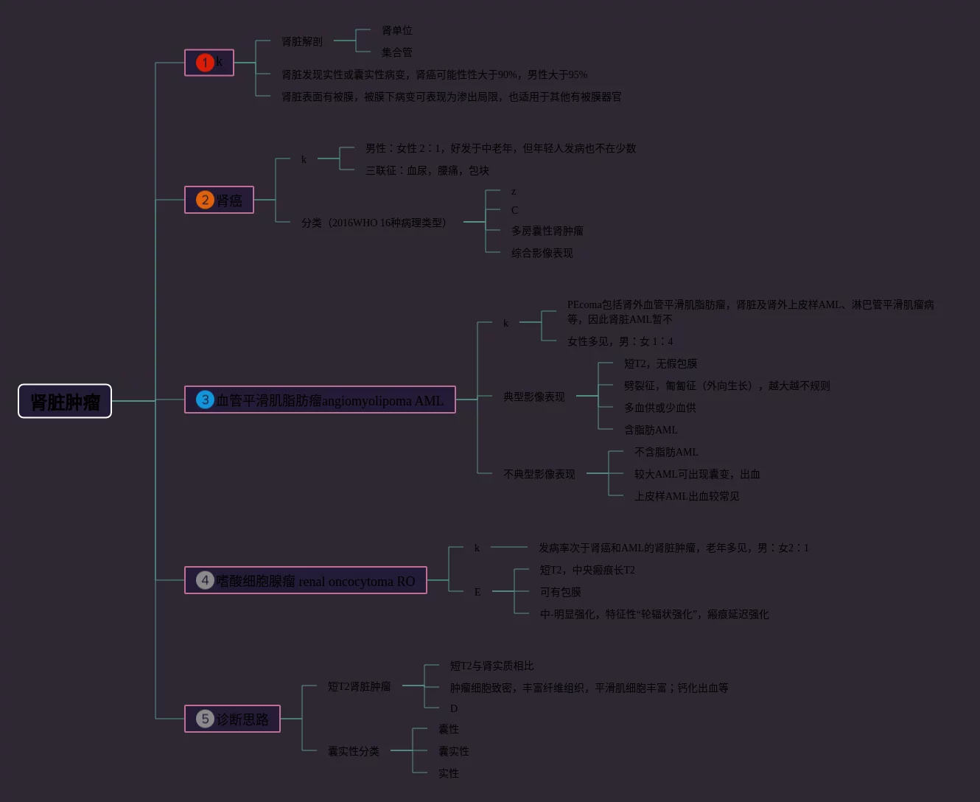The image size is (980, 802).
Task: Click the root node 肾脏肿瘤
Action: point(65,402)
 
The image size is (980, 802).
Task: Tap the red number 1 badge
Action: point(205,63)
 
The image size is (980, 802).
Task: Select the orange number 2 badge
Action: point(205,200)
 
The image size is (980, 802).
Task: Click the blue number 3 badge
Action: point(205,400)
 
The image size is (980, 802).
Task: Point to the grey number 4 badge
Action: point(205,580)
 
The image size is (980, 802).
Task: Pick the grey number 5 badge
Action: point(205,719)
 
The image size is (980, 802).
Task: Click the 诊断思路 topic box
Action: point(242,719)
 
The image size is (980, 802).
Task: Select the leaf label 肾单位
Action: point(396,30)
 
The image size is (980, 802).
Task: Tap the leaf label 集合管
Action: point(396,52)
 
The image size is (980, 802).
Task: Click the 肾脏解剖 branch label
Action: point(302,41)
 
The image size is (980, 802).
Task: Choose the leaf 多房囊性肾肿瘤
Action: point(547,231)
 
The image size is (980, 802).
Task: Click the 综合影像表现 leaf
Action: point(542,253)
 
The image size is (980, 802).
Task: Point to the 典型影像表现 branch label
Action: point(533,397)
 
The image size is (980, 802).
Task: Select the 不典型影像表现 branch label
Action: point(539,474)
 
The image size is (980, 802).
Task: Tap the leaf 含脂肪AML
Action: point(650,430)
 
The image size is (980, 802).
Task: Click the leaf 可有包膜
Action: point(560,592)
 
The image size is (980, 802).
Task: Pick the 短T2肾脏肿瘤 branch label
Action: point(359,686)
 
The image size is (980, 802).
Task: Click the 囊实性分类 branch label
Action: point(353,751)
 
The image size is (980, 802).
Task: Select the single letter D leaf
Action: point(454,708)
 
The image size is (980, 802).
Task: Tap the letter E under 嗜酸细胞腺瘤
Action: point(477,592)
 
